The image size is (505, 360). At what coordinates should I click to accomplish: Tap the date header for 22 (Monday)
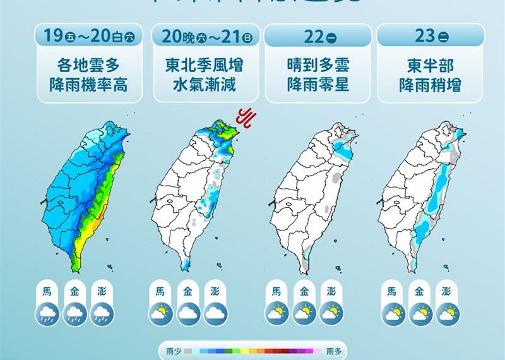(317, 37)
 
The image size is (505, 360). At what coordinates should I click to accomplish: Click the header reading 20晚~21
(205, 37)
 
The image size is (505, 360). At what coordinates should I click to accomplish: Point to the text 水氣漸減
(205, 84)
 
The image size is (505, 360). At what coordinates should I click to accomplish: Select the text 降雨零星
(317, 84)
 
